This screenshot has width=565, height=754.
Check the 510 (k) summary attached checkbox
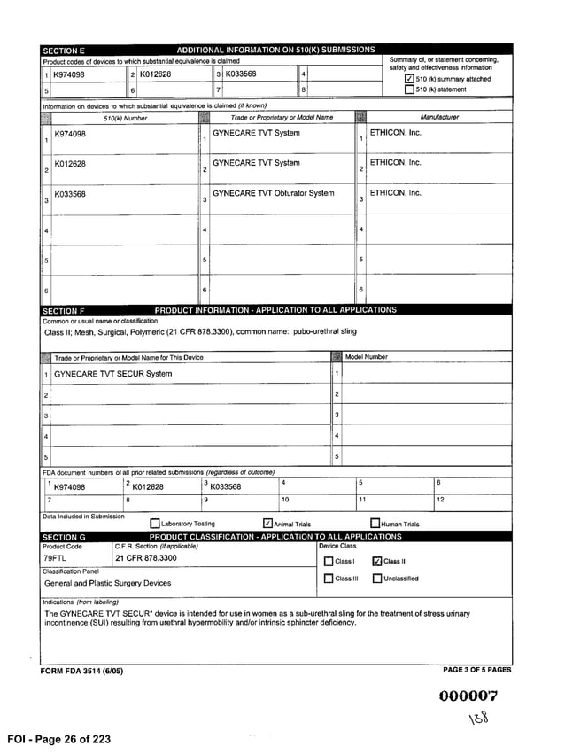pyautogui.click(x=409, y=79)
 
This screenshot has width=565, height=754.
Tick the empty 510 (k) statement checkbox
pyautogui.click(x=409, y=89)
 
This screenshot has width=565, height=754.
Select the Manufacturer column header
pyautogui.click(x=439, y=117)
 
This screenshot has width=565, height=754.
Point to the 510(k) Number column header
pyautogui.click(x=126, y=117)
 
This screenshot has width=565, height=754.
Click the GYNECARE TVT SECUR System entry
pyautogui.click(x=112, y=374)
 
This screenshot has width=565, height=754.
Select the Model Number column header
pyautogui.click(x=366, y=357)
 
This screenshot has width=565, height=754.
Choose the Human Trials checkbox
pyautogui.click(x=375, y=524)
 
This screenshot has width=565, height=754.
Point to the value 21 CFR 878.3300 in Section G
pyautogui.click(x=145, y=559)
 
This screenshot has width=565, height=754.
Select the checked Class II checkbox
pyautogui.click(x=376, y=561)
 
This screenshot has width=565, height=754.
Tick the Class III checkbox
pyautogui.click(x=328, y=579)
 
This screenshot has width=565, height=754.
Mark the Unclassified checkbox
pyautogui.click(x=376, y=579)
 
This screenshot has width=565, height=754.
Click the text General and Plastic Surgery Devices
pyautogui.click(x=107, y=583)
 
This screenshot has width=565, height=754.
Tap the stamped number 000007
pyautogui.click(x=468, y=696)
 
